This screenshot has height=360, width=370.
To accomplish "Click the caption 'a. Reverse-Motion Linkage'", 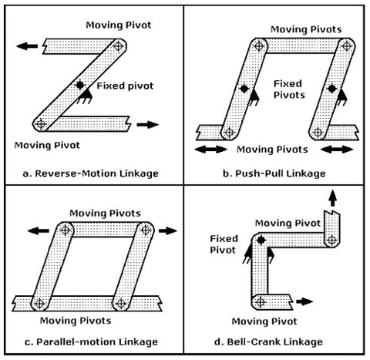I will (92, 173).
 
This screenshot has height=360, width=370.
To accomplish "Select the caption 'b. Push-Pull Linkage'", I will (274, 173).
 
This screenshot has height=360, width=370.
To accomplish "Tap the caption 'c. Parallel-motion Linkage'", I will (91, 341).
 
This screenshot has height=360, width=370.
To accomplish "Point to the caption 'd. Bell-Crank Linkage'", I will (275, 341).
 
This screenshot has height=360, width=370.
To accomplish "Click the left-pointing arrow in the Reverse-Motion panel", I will (27, 45).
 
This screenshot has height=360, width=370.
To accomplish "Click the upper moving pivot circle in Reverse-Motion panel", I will (117, 46).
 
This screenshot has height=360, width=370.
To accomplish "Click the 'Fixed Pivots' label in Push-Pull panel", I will (288, 89).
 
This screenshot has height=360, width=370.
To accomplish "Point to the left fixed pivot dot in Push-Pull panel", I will (241, 89).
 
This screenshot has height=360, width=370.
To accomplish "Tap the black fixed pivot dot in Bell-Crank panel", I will (261, 241).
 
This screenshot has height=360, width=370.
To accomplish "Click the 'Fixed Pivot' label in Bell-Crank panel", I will (223, 244).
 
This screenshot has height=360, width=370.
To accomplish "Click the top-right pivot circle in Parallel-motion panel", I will (146, 230).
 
